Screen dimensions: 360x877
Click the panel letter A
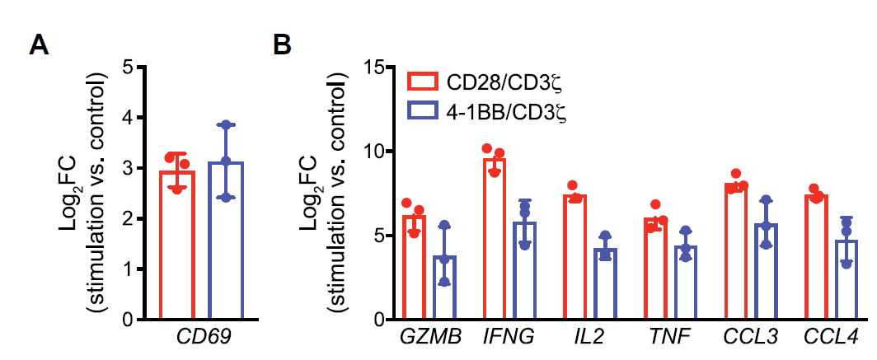pos(39,44)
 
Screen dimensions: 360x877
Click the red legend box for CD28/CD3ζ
pos(424,83)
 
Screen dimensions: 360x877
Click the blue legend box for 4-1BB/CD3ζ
pos(424,110)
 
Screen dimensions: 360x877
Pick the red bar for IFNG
pos(494,239)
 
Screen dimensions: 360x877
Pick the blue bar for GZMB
pos(445,288)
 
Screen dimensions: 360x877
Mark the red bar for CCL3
pos(735,251)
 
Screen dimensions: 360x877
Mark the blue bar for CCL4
pos(847,280)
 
